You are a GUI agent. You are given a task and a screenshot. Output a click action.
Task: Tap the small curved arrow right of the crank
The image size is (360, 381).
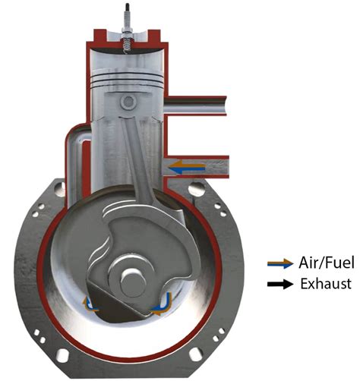pyautogui.click(x=160, y=307)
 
